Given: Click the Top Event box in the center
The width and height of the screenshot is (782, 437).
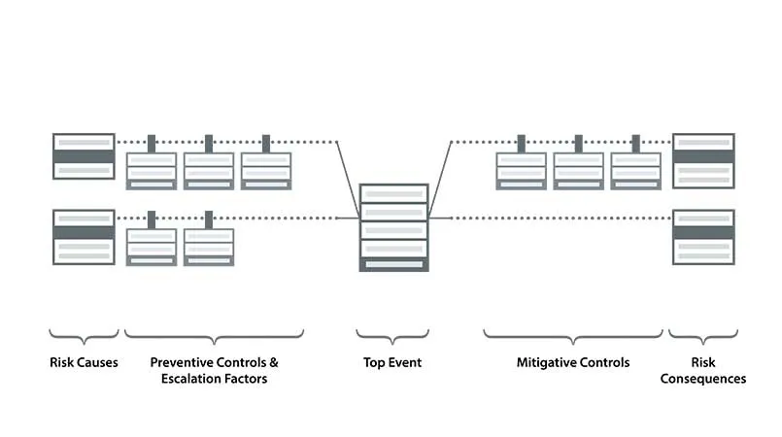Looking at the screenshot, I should tap(393, 227).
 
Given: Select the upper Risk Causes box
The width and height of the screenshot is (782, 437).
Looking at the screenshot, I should tap(84, 156).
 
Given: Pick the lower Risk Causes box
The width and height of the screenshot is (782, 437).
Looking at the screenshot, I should tap(84, 237).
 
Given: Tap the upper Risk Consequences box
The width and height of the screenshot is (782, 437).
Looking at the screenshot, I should tap(703, 161).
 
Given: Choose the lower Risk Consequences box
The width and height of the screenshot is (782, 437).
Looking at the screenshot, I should tap(703, 237).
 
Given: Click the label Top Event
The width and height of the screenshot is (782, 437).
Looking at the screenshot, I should tap(392, 363).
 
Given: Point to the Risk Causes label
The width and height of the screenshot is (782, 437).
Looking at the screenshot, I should tap(84, 363).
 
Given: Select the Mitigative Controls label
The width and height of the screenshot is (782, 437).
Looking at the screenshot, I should tap(572, 363).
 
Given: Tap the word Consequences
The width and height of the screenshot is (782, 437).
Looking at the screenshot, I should tap(703, 379).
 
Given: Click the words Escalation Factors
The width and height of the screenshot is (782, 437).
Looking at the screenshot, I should tap(214, 379).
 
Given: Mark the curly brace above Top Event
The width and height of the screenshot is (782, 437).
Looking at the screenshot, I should tap(392, 336).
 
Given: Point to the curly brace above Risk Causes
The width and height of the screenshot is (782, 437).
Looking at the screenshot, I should tap(84, 336).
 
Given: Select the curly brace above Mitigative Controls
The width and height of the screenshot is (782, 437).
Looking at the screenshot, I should tap(572, 336).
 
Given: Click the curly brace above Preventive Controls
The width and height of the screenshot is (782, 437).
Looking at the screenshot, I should tap(214, 336).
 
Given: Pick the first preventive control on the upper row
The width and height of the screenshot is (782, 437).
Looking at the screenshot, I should tap(152, 170).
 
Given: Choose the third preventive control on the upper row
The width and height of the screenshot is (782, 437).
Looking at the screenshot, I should tap(266, 170).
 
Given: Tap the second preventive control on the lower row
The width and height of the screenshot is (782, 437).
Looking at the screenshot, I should tap(209, 247).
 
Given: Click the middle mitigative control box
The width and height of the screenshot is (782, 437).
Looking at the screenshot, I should tap(579, 170).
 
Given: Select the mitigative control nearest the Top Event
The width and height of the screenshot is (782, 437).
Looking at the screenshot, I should tap(522, 170).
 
